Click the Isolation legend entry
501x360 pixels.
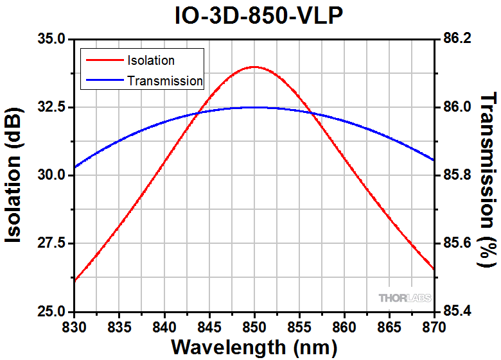(x=151, y=61)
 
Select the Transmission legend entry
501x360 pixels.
(x=165, y=81)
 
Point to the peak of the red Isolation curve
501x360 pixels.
(x=255, y=67)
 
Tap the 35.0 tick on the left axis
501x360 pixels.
(x=51, y=39)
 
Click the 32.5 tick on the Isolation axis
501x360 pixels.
(x=51, y=107)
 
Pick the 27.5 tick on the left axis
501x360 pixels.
(x=51, y=243)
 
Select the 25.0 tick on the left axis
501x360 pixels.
(x=51, y=311)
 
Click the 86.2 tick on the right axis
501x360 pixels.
(x=457, y=39)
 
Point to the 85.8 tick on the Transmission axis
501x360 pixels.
(x=457, y=175)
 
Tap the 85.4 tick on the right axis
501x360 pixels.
(x=457, y=311)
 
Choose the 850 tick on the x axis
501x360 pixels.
(x=255, y=326)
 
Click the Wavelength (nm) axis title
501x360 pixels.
(x=254, y=347)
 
